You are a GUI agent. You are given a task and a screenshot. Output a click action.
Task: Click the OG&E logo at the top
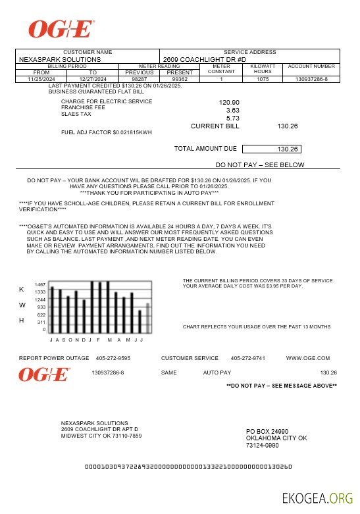click(x=61, y=28)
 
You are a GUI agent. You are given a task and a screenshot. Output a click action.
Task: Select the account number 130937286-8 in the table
click(x=311, y=79)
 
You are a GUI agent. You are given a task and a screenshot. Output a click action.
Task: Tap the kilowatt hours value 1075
click(x=263, y=79)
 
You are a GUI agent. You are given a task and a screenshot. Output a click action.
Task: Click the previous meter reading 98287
click(x=140, y=79)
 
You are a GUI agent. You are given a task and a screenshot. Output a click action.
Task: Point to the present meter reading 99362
click(x=180, y=79)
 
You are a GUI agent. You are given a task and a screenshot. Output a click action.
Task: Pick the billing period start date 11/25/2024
click(x=41, y=79)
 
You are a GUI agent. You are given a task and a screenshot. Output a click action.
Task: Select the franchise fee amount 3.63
click(x=232, y=110)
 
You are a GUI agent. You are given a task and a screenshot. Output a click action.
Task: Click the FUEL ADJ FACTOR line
click(x=106, y=132)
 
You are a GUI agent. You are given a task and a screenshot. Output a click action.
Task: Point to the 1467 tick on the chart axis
click(x=41, y=284)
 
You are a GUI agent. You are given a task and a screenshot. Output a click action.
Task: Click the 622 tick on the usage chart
click(x=41, y=315)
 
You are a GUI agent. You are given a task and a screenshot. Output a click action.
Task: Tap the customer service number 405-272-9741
click(x=247, y=358)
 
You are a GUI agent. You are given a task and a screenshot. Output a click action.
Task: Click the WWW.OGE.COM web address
click(x=308, y=358)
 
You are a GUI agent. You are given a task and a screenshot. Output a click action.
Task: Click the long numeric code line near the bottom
click(x=189, y=467)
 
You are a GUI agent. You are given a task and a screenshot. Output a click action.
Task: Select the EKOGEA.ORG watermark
click(x=317, y=498)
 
